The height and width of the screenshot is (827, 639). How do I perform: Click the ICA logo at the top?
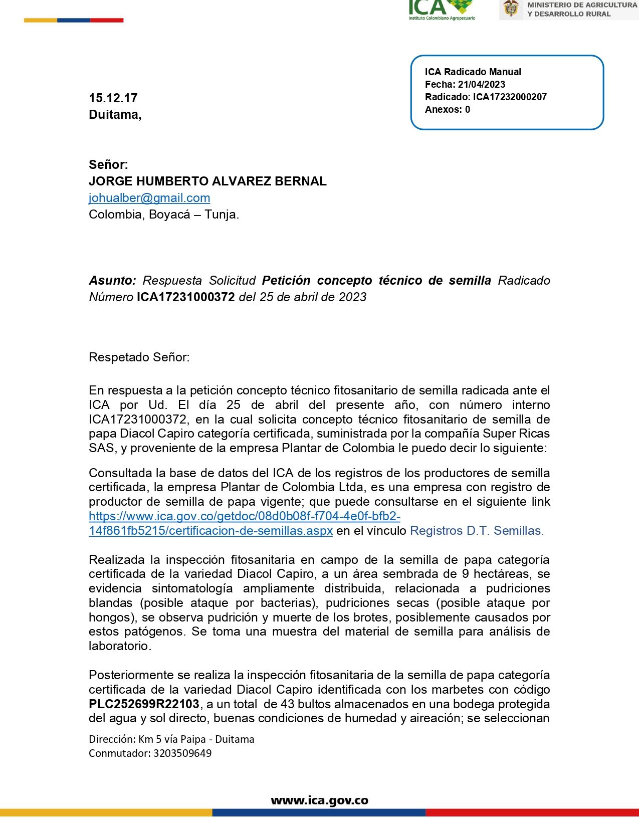pyautogui.click(x=441, y=9)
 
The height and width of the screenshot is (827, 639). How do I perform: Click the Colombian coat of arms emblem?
pyautogui.click(x=511, y=9)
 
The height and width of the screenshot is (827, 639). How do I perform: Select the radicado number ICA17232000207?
pyautogui.click(x=510, y=97)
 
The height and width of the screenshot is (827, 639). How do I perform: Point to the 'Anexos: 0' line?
pyautogui.click(x=448, y=109)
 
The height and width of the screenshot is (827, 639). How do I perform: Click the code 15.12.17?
pyautogui.click(x=113, y=98)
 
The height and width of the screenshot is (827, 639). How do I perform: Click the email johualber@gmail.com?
pyautogui.click(x=149, y=198)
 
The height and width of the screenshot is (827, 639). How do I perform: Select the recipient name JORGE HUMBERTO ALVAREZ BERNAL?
pyautogui.click(x=207, y=181)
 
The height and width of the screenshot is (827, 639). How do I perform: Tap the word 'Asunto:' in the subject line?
pyautogui.click(x=112, y=280)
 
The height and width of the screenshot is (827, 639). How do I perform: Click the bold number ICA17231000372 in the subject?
pyautogui.click(x=186, y=297)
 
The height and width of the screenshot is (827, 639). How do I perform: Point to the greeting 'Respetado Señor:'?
pyautogui.click(x=139, y=357)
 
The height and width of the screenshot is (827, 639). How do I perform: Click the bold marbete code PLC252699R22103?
pyautogui.click(x=144, y=704)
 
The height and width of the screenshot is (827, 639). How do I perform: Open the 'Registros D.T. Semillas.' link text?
pyautogui.click(x=477, y=531)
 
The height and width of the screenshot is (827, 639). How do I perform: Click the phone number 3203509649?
pyautogui.click(x=182, y=753)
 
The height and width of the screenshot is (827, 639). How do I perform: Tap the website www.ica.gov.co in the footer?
pyautogui.click(x=319, y=800)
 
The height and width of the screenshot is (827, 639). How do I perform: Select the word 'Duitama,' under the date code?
pyautogui.click(x=115, y=115)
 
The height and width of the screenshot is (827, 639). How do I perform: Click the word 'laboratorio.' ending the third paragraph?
pyautogui.click(x=120, y=646)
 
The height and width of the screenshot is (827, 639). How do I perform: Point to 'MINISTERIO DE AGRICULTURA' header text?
pyautogui.click(x=582, y=5)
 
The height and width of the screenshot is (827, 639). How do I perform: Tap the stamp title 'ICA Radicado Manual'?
pyautogui.click(x=473, y=72)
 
